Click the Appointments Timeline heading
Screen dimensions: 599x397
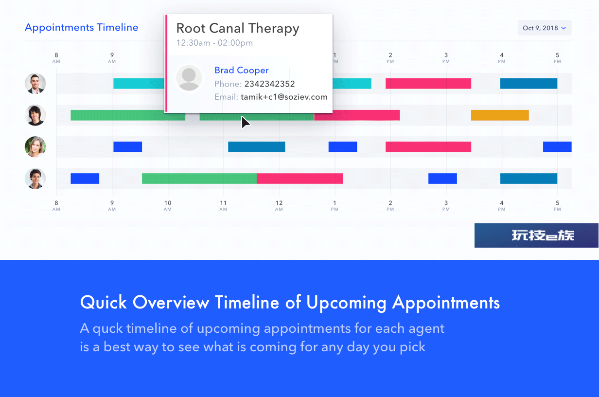pos(82,28)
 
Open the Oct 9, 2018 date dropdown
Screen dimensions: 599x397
pos(545,28)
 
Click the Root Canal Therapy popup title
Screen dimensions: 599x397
pos(237,29)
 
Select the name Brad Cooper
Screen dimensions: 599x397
pos(242,70)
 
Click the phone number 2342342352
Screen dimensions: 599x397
pos(269,84)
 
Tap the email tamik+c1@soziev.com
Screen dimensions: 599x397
pos(284,97)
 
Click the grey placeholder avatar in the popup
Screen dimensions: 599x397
pos(189,78)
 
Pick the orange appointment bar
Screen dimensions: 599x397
pos(500,115)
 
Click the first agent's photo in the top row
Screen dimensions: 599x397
pos(35,84)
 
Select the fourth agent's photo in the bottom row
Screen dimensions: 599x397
pos(35,179)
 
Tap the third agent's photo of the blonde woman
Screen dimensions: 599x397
pos(35,147)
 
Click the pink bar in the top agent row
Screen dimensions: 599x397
pos(428,84)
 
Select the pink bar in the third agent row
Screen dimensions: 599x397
pos(428,147)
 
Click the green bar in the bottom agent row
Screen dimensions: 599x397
pos(199,179)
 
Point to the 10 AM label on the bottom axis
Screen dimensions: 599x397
pos(168,205)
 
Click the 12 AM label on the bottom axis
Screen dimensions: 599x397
pos(279,205)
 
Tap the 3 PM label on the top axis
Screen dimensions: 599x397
pos(446,57)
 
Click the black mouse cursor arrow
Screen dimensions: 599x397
pos(245,122)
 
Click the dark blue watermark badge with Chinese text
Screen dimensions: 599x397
pos(536,235)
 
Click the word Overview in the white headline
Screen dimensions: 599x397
pos(171,303)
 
